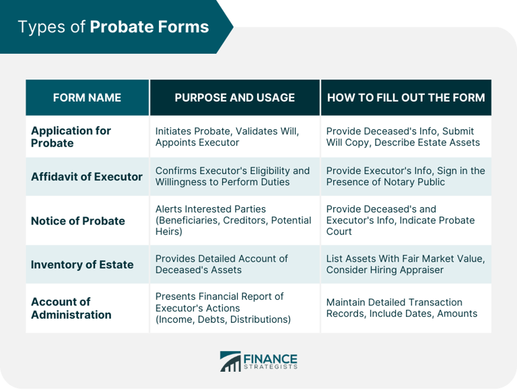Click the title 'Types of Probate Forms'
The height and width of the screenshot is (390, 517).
point(113,27)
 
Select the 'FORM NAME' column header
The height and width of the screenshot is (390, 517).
point(87,97)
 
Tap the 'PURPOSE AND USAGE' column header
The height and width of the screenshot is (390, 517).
point(234,97)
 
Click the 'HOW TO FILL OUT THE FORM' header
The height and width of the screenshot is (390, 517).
point(406,97)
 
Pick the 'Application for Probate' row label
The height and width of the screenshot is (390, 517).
point(71,136)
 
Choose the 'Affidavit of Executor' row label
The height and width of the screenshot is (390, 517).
point(87,176)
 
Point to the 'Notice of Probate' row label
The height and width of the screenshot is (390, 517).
point(78,221)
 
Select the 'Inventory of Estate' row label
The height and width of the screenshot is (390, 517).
point(82,264)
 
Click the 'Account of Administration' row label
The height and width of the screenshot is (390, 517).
point(71,308)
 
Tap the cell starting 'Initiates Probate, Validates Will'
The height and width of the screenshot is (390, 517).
point(227,136)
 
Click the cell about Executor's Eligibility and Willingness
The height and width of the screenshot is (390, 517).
point(232,176)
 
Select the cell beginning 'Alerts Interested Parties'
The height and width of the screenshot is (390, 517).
point(233,221)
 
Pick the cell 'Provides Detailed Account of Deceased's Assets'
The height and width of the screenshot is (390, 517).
point(221,264)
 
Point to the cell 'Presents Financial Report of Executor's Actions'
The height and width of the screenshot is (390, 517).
point(223,308)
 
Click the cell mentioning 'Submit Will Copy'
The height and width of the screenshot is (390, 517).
point(403,136)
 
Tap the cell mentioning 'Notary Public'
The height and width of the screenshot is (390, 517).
point(405,176)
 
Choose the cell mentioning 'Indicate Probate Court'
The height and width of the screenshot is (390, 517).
point(400,221)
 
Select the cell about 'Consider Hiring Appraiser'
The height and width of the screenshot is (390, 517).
point(405,264)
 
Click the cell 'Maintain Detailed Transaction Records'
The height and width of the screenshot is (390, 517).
point(401,308)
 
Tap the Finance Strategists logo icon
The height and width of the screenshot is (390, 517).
point(230,361)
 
